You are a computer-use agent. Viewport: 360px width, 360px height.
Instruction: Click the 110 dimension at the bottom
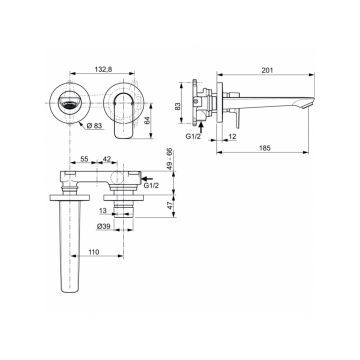point(93,255)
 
